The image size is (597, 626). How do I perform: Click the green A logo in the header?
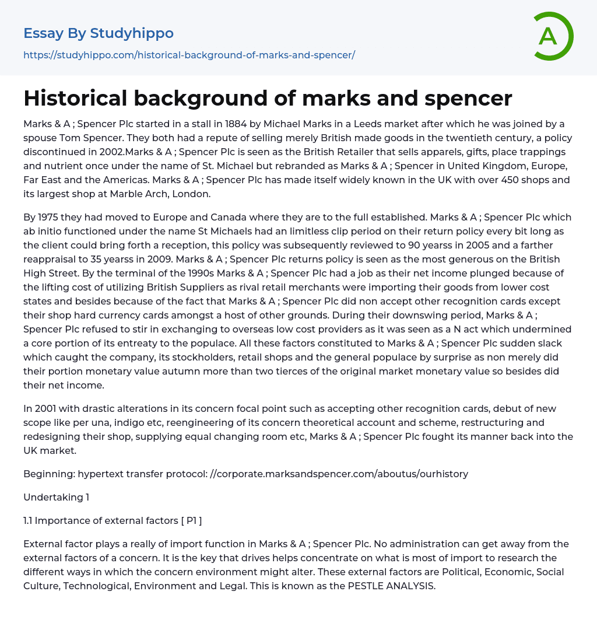[x=553, y=36]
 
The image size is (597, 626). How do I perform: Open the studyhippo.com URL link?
[x=189, y=55]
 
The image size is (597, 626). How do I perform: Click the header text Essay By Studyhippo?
[x=99, y=33]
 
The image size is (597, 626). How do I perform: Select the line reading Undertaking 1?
[x=56, y=497]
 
